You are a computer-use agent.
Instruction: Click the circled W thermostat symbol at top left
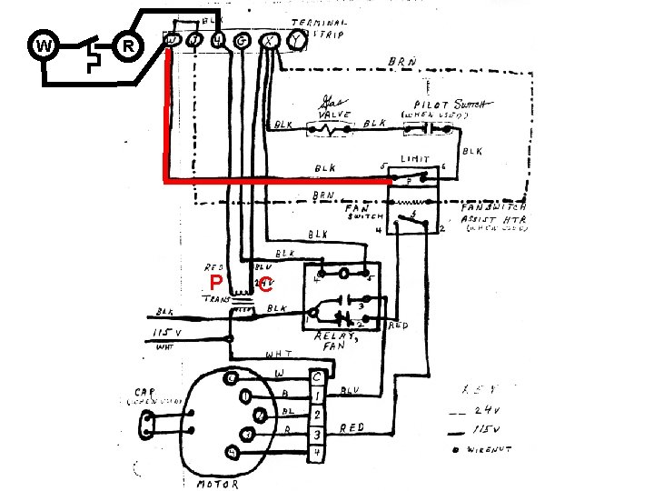pyautogui.click(x=44, y=45)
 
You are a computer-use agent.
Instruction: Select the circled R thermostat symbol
pyautogui.click(x=128, y=45)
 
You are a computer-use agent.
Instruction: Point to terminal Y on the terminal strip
pyautogui.click(x=293, y=40)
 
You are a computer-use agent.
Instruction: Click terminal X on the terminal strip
pyautogui.click(x=269, y=40)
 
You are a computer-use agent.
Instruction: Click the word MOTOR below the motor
pyautogui.click(x=218, y=484)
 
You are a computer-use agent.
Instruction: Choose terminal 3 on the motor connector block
pyautogui.click(x=316, y=434)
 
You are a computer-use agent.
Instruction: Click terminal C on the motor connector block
pyautogui.click(x=316, y=376)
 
